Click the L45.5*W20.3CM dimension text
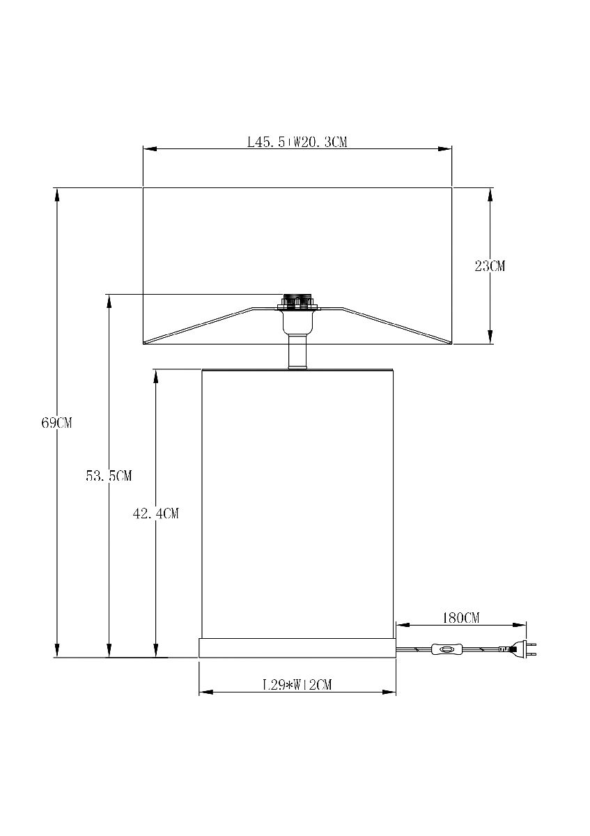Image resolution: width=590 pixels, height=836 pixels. coord(297,142)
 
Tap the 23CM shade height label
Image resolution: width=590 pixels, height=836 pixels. coord(490,265)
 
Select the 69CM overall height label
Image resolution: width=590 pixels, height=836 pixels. coord(56,423)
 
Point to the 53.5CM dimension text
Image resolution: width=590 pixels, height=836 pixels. coord(109,476)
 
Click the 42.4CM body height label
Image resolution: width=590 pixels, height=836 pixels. coord(156,513)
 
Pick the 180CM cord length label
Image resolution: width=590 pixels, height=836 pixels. coord(461,618)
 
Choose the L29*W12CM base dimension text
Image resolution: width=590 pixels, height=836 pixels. coord(297,685)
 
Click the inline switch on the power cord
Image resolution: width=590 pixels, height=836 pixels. coord(447,650)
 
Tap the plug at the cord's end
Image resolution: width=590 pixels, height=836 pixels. coord(522,651)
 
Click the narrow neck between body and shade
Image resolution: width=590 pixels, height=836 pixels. coord(297,353)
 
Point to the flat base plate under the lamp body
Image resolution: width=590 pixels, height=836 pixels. coord(297,647)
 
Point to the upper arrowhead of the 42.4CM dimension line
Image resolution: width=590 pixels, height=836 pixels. coord(156,375)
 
